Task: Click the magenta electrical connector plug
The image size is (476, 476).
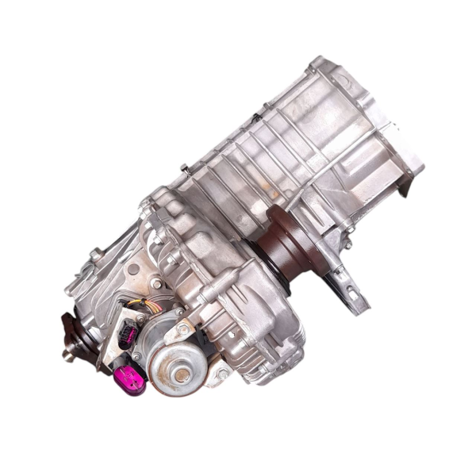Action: [x=130, y=378]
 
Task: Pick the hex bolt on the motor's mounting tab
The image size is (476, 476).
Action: [x=184, y=326]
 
